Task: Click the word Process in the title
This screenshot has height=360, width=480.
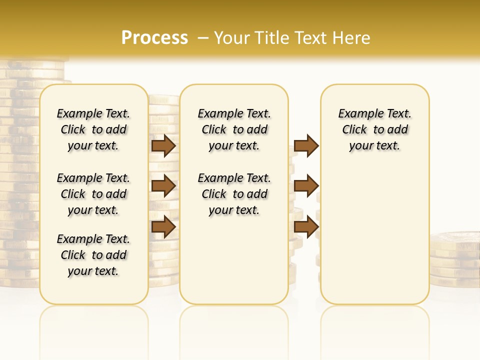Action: pos(154,38)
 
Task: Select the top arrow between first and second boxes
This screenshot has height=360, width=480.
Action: pos(163,146)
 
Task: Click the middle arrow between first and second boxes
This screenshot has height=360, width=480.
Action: pos(163,186)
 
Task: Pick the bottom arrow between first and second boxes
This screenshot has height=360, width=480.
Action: pos(163,226)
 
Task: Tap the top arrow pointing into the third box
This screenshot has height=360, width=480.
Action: pos(306,146)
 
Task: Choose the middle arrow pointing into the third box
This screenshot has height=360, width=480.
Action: pos(306,186)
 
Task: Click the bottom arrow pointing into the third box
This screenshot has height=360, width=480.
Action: pos(306,226)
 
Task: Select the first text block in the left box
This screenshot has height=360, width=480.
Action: pos(93,129)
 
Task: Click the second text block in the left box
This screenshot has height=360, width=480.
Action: pos(93,194)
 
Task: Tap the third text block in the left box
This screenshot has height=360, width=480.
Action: pos(93,255)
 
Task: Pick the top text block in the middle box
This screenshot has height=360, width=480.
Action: pos(234,129)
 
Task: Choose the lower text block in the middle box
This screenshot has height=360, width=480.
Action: pos(234,194)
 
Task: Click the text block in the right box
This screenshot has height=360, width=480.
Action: pos(375,129)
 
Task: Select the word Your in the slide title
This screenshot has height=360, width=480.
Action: pos(232,38)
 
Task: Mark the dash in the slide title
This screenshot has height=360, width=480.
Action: pos(202,38)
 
